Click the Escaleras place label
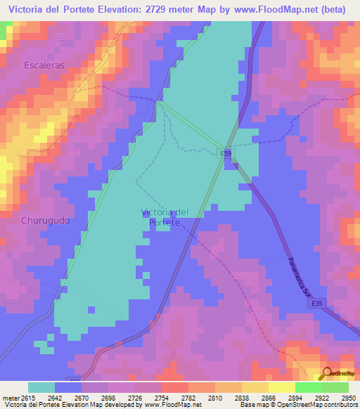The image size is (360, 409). pos(44,65)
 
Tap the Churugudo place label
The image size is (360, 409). pos(45,220)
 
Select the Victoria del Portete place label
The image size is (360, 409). pos(165,217)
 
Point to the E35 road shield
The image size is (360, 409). pos(318,303)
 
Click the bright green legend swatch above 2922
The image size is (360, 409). pos(308,387)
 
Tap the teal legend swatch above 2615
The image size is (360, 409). pos(41,387)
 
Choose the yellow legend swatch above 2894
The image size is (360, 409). pos(281,387)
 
